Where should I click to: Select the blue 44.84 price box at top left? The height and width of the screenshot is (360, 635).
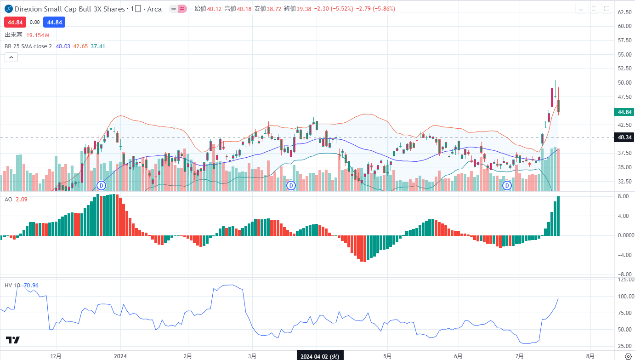(x=54, y=22)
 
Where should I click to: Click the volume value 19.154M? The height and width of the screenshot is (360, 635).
(x=38, y=35)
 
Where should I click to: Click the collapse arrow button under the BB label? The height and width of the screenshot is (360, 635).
(x=11, y=57)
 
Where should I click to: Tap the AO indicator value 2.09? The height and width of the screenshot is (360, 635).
(x=21, y=199)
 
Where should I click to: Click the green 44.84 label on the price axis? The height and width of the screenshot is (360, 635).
(x=624, y=112)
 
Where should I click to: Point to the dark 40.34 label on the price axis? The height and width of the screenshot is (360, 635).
(x=624, y=137)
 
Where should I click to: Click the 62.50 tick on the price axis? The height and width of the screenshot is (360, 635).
(x=624, y=12)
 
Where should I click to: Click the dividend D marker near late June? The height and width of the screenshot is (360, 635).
(x=507, y=185)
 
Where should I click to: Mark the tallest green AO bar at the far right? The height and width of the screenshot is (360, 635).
(x=558, y=216)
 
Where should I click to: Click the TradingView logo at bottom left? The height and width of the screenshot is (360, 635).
(x=13, y=340)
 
